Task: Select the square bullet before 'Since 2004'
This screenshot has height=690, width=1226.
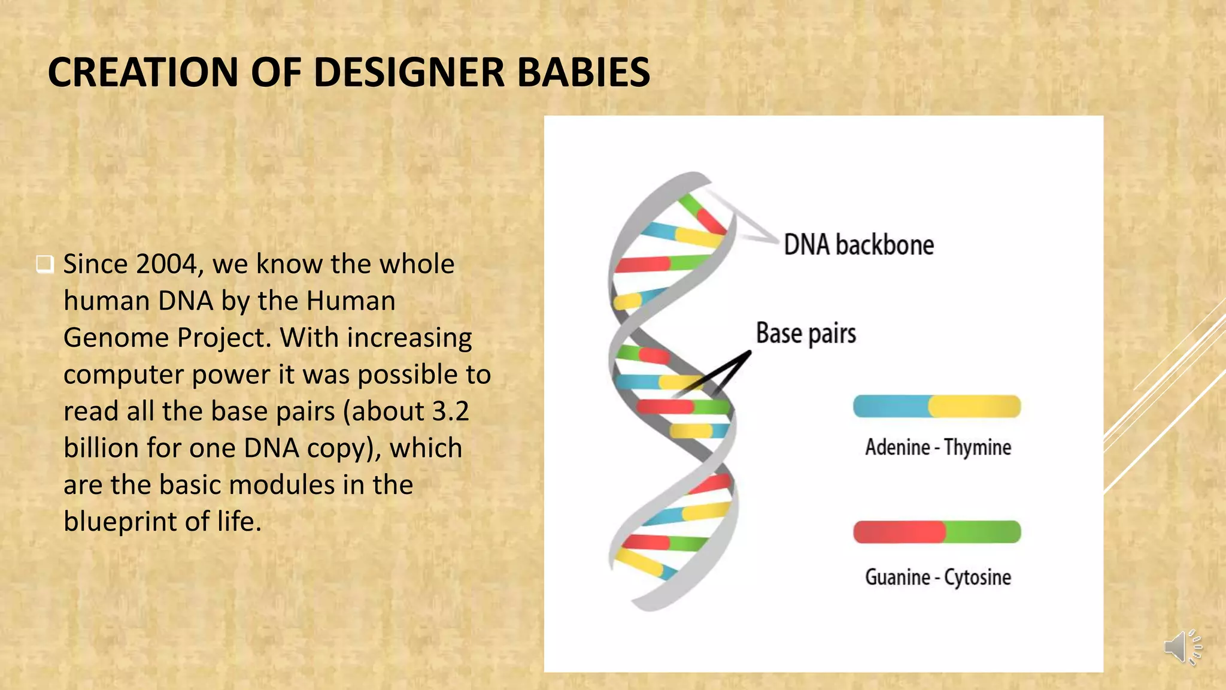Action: pos(45,264)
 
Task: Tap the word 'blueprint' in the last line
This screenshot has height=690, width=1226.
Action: pos(120,522)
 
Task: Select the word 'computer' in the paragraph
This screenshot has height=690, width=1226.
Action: pos(123,375)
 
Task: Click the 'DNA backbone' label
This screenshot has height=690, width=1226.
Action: pos(858,245)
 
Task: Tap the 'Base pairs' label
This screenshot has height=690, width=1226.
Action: pos(806,333)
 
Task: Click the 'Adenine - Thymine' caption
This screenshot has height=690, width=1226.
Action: pos(937,447)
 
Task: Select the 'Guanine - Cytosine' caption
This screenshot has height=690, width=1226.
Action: pos(937,577)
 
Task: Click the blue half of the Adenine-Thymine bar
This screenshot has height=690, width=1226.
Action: pos(891,407)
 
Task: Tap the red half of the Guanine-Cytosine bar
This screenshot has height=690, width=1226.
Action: pos(898,532)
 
